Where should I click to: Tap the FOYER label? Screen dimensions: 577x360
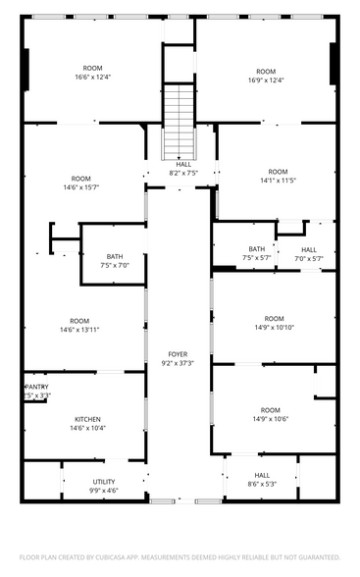click(x=178, y=354)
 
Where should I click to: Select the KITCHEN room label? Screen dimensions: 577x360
click(x=86, y=419)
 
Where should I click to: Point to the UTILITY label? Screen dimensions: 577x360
click(x=104, y=482)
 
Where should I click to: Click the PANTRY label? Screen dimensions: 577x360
click(x=36, y=387)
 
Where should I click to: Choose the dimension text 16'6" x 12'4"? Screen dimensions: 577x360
click(x=92, y=78)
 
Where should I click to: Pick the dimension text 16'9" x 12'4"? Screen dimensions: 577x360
click(x=266, y=79)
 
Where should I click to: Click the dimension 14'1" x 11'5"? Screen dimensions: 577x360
click(x=278, y=181)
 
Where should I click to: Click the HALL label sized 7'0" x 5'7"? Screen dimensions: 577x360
click(x=309, y=249)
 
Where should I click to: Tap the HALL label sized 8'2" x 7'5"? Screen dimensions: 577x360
click(x=183, y=164)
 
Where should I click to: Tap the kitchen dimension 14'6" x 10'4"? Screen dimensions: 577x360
click(x=86, y=428)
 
